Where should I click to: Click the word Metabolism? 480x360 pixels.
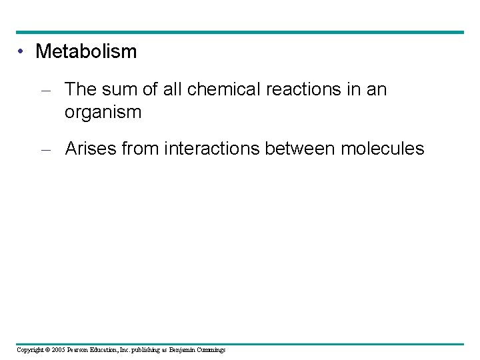86,51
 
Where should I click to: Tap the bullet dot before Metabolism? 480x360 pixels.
21,51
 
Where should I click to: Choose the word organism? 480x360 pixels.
103,112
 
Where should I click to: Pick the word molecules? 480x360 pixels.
382,149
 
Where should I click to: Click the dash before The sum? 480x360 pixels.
45,90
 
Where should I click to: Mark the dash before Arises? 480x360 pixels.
45,149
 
